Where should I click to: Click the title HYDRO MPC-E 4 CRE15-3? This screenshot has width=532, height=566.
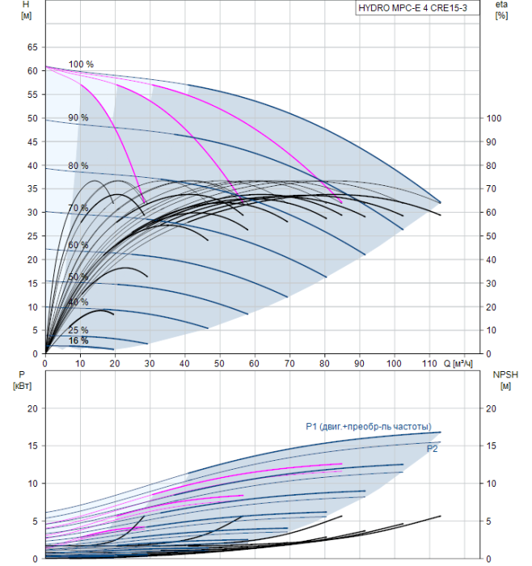point(413,8)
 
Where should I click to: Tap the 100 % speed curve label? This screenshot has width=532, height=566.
point(81,64)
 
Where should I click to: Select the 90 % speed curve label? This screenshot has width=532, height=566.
point(78,118)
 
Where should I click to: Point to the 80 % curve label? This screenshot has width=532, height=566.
point(78,166)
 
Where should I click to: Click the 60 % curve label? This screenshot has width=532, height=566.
point(78,245)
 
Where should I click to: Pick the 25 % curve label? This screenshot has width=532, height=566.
point(78,330)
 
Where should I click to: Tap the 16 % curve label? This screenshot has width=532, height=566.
point(78,340)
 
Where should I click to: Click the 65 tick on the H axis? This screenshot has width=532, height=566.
point(32,47)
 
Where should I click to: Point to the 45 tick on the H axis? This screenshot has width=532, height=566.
point(32,142)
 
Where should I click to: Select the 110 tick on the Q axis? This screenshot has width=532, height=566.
point(429,363)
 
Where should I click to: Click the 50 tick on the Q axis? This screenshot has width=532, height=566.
point(219,363)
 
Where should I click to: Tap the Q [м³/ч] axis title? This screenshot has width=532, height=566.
point(458,364)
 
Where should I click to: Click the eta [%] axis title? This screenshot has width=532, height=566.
point(502,10)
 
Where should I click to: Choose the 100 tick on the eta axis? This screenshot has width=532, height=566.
point(494,118)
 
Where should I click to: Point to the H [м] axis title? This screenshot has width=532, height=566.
point(27,10)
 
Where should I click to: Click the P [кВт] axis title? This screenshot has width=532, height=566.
point(22,381)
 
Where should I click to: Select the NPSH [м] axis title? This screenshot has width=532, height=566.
point(505,381)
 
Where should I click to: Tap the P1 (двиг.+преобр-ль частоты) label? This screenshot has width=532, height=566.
point(369,427)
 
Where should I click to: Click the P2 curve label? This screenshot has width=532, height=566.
point(432,449)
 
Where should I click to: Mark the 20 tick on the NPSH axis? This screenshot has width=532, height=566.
point(492,408)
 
